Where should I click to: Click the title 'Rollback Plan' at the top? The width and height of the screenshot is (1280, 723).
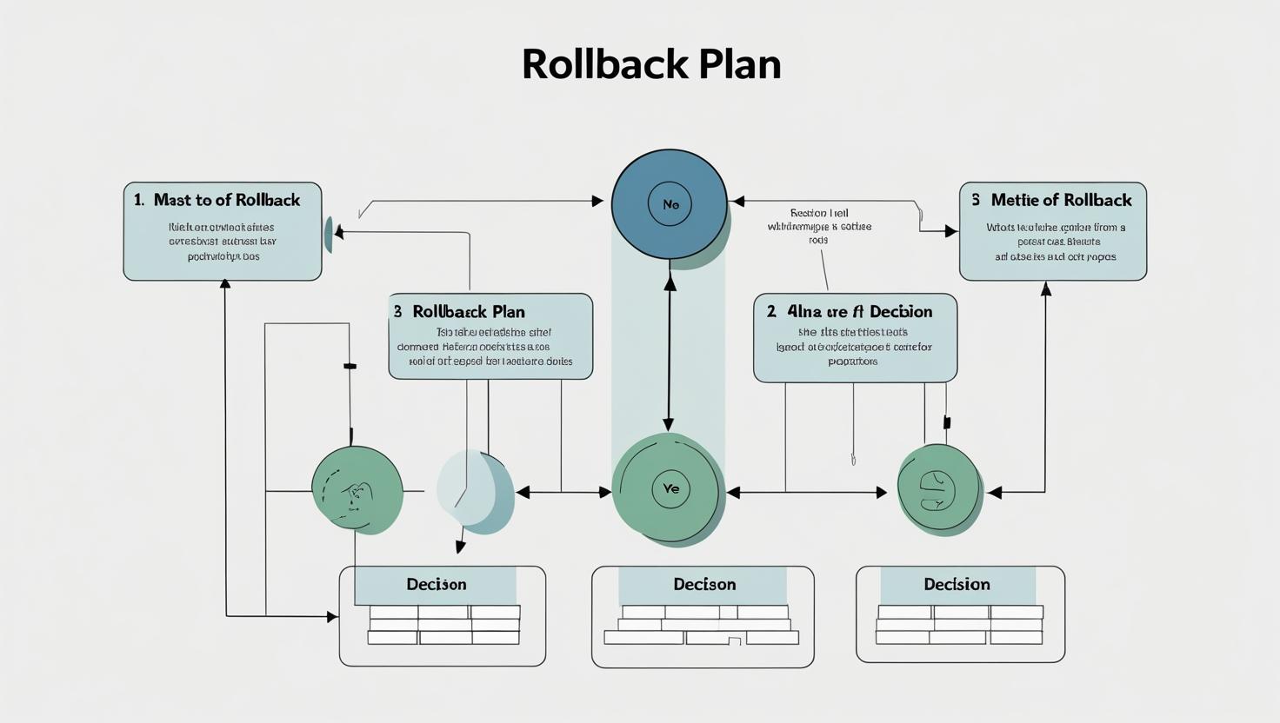tap(651, 64)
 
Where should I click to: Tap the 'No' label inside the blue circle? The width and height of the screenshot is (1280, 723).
tap(670, 205)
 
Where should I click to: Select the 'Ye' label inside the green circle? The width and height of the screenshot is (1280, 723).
tap(670, 488)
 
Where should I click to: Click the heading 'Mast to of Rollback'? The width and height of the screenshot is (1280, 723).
tap(226, 200)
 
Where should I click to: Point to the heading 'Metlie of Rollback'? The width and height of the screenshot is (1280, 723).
tap(1061, 200)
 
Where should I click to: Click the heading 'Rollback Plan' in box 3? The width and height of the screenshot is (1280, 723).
tap(468, 311)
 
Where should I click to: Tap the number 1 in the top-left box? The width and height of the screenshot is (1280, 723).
tap(138, 200)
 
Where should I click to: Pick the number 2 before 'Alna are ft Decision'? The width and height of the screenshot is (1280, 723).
tap(771, 311)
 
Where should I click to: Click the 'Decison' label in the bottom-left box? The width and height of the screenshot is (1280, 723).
tap(437, 584)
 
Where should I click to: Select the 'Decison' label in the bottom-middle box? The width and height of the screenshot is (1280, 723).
tap(704, 584)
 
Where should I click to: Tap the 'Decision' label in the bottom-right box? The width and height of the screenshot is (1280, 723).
tap(957, 584)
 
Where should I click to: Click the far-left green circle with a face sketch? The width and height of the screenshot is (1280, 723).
tap(357, 490)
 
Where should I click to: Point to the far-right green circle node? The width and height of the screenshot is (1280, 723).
tap(939, 489)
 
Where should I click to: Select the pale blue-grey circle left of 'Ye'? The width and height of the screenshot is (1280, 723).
tap(474, 489)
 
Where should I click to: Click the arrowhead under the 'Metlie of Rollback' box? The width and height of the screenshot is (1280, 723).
tap(1046, 289)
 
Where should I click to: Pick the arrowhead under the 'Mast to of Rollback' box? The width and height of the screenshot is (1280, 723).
tap(225, 284)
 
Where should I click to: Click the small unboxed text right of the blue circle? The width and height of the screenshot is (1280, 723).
tap(819, 226)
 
